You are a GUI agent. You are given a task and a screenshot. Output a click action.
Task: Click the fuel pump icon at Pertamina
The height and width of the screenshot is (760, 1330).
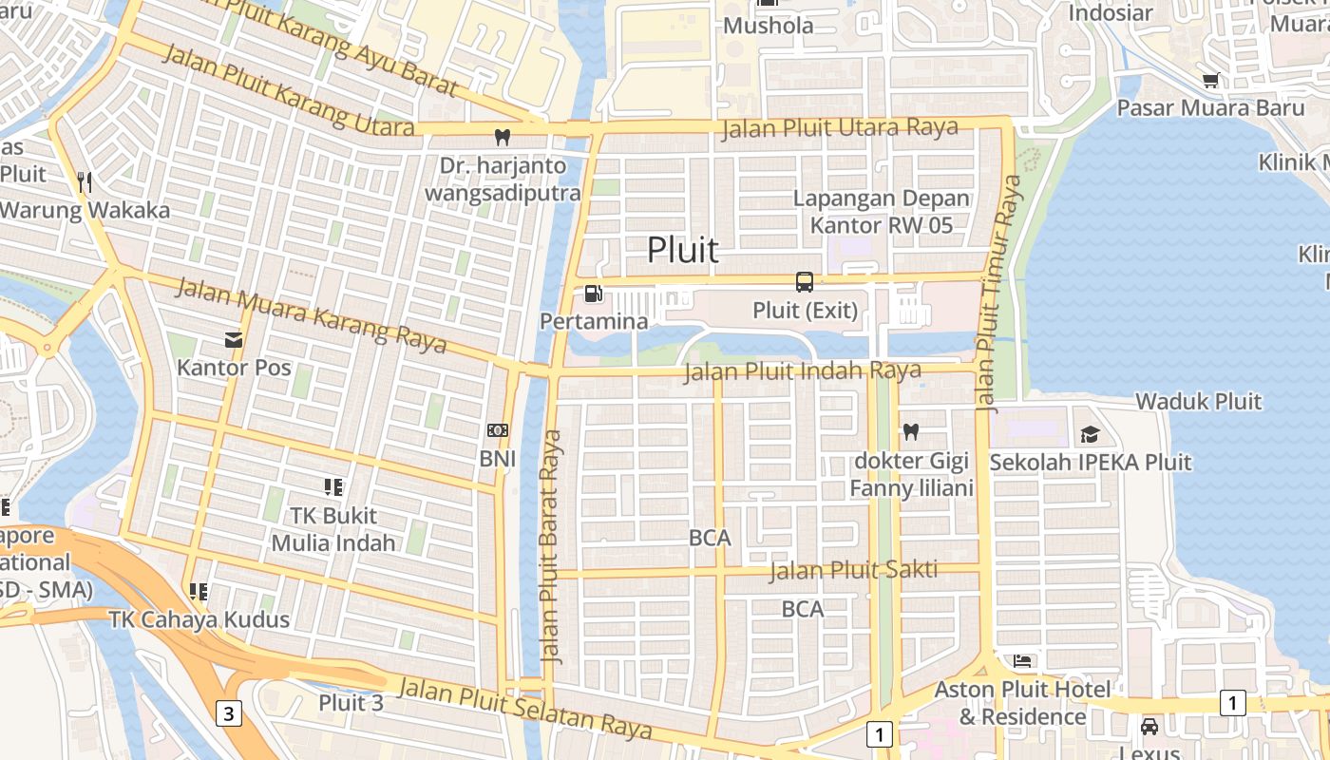pos(593,294)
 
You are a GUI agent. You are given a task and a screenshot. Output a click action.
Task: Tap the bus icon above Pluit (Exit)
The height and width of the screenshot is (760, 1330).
pos(805,281)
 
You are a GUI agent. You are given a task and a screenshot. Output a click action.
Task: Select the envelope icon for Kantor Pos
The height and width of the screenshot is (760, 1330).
pos(234,339)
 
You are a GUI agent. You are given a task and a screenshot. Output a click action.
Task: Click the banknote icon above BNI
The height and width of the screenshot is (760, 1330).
pos(497,430)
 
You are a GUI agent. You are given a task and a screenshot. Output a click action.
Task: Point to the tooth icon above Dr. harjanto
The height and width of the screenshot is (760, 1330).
pos(503,138)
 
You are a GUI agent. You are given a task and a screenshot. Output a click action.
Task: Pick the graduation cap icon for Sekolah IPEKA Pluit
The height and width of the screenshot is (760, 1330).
pos(1090,434)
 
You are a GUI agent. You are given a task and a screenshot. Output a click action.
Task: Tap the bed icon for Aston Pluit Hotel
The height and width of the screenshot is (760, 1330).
pos(1022,660)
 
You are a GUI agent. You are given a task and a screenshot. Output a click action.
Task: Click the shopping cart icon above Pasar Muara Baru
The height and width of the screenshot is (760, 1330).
pos(1210,81)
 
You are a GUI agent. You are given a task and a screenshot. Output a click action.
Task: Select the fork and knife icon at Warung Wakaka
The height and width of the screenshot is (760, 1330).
pos(85,181)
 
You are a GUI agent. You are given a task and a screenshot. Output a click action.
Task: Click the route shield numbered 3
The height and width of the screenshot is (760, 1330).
pos(228,712)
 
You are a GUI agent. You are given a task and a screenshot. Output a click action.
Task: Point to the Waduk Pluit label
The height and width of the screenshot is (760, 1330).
pos(1199,401)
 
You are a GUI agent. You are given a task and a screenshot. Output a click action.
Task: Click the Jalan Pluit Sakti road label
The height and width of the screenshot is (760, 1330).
pos(853,570)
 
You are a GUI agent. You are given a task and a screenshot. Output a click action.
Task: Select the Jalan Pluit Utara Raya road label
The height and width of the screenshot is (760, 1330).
pos(840,128)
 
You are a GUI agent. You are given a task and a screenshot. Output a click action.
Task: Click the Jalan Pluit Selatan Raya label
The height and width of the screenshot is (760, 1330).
pos(525,708)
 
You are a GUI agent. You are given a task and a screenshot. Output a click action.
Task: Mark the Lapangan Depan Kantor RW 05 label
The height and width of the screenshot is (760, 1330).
pos(882,212)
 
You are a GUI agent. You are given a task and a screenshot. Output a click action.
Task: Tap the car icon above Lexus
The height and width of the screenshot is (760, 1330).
pos(1149,727)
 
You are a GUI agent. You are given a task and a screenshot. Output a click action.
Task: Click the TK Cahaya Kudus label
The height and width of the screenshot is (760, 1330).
pos(199,619)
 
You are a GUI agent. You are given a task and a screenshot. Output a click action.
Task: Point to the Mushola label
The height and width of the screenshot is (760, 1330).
pos(769,26)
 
